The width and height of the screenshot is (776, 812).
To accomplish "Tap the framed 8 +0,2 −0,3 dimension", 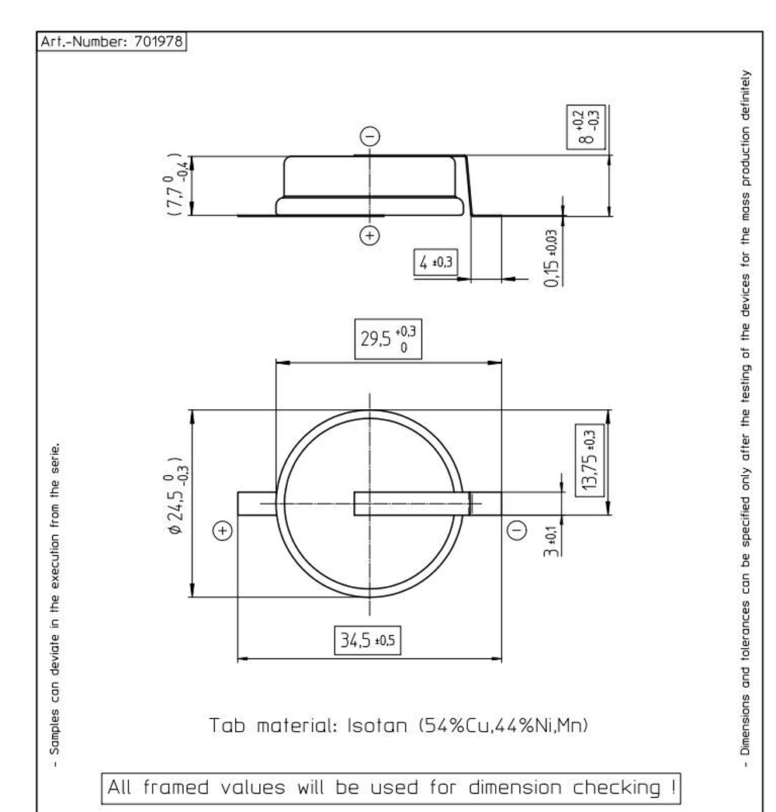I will click(587, 127).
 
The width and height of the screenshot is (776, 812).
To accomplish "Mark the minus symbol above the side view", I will click(370, 137).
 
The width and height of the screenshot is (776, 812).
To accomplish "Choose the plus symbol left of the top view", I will click(223, 531).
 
